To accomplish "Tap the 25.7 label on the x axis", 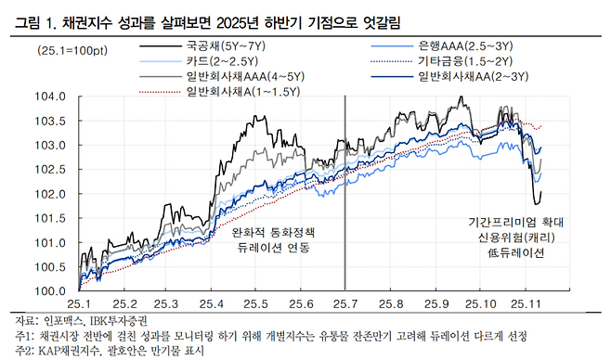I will (x=344, y=303).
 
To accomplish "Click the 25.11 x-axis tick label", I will (x=526, y=303).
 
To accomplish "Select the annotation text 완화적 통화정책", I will (x=273, y=233).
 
